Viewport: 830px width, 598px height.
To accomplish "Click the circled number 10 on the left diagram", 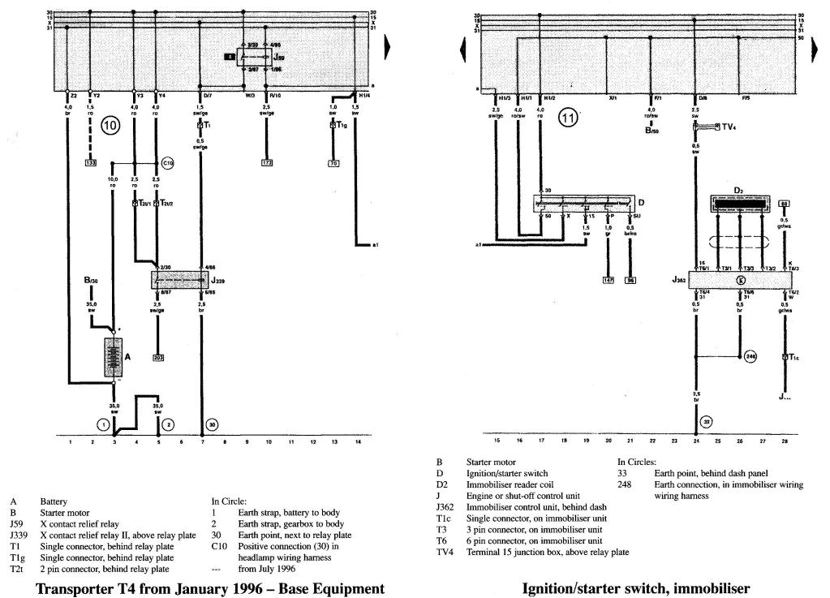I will [110, 126].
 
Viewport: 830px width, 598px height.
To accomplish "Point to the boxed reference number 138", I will [92, 163].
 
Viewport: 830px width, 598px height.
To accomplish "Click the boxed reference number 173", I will [267, 164].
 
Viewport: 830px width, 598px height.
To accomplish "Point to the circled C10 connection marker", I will [168, 163].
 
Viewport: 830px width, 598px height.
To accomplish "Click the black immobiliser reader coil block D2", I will [740, 203].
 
